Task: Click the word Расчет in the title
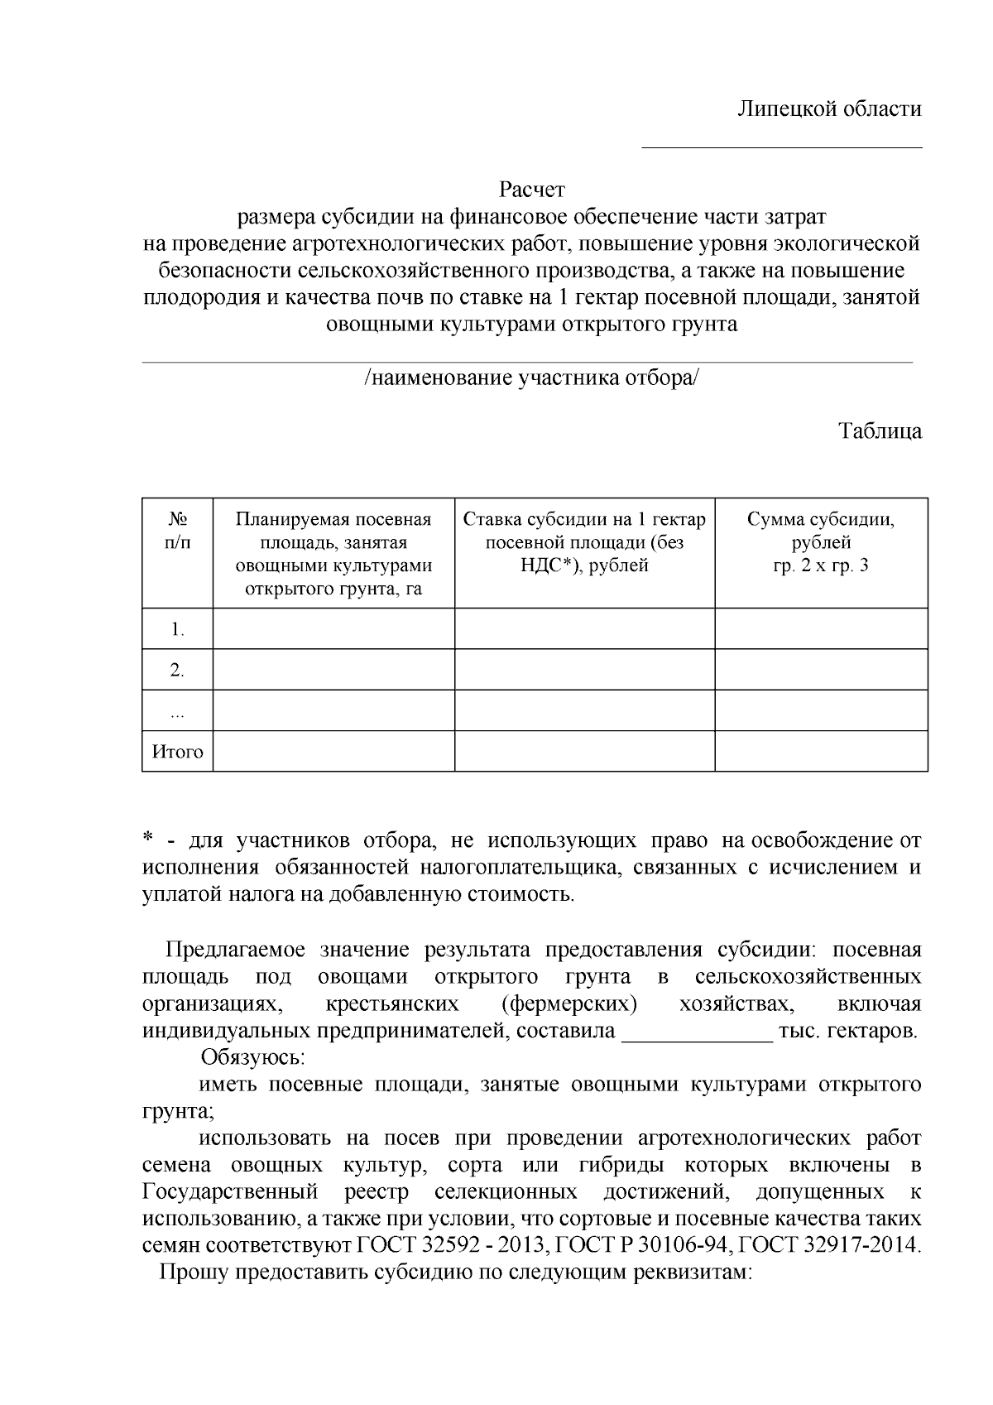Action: (x=532, y=190)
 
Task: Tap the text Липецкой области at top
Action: (x=830, y=109)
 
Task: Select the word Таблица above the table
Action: (x=880, y=431)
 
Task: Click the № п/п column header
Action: (x=177, y=531)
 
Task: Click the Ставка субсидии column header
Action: (x=584, y=542)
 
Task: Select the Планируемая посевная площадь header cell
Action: (x=333, y=553)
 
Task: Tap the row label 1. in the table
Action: (x=177, y=629)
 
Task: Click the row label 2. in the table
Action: (x=177, y=670)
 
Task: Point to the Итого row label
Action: (x=177, y=752)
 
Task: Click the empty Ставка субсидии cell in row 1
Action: (x=584, y=628)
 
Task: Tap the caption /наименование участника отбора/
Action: (x=531, y=378)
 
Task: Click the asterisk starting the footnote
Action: (x=148, y=840)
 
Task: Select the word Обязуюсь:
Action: (x=253, y=1058)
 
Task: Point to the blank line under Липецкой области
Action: (x=782, y=147)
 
